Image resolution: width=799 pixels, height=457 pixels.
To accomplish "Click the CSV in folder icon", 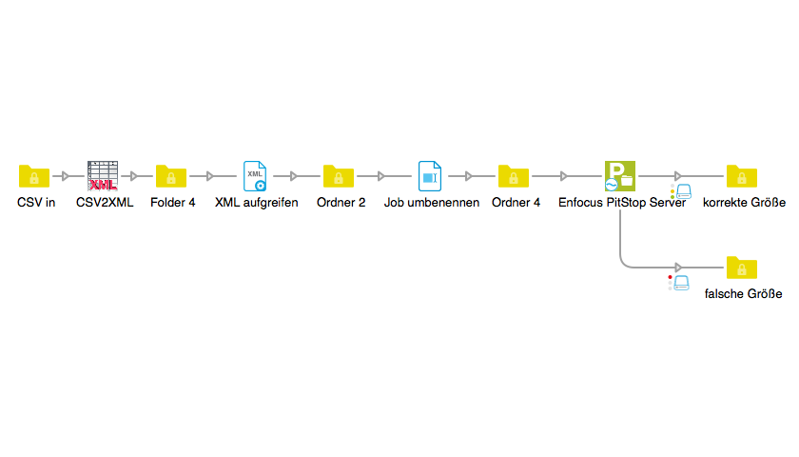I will pos(34,176).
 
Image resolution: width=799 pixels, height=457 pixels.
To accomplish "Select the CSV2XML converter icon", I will pos(103,176).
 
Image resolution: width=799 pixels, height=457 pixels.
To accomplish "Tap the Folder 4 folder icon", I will pos(171,176).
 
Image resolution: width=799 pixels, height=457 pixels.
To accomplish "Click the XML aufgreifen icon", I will pos(255,176).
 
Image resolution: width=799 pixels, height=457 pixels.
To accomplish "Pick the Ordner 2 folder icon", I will pos(339,176).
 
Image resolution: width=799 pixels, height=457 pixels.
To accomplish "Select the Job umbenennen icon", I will pos(430,176).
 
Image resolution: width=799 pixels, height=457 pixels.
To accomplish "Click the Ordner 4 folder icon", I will pos(514,176).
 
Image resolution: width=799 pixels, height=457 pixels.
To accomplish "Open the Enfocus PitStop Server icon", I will pos(620,176).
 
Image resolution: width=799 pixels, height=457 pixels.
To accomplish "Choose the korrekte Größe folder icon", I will pos(742,176).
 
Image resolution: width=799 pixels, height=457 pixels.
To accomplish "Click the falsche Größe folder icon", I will pos(742,268).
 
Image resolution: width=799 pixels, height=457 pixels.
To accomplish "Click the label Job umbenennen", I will pos(432,203).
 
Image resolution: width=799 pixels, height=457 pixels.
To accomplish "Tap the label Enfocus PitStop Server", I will pos(622,203).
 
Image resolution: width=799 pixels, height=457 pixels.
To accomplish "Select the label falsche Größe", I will pos(743,294).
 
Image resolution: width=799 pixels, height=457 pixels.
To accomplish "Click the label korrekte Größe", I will pos(744,203).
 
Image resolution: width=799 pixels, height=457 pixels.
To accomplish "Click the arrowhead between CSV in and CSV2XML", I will pos(66,176).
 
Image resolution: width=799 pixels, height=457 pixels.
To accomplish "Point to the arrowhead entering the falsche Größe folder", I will pos(677,268).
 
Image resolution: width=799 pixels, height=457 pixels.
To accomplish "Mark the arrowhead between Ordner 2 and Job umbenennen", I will pos(381,176).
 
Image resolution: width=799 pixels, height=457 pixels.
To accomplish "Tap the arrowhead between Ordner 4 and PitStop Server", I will pos(564,176).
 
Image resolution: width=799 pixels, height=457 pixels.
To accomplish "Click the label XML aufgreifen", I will pos(257,203).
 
